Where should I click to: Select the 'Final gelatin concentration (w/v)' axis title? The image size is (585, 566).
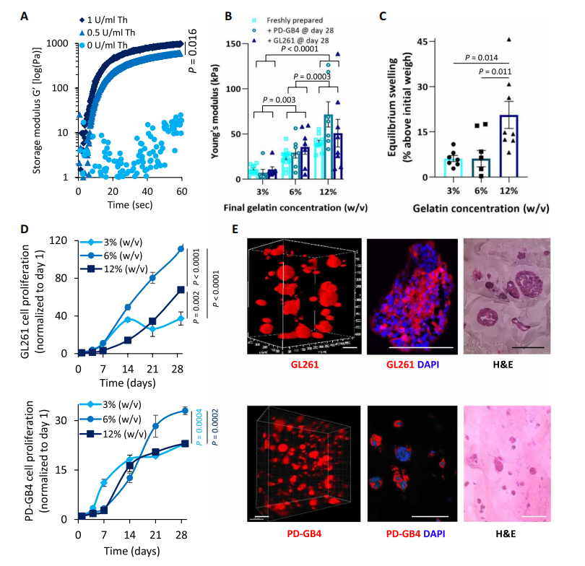(x=303, y=207)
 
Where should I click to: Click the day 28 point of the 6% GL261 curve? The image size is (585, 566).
(x=180, y=249)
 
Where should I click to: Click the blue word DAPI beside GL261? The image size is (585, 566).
(x=427, y=366)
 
